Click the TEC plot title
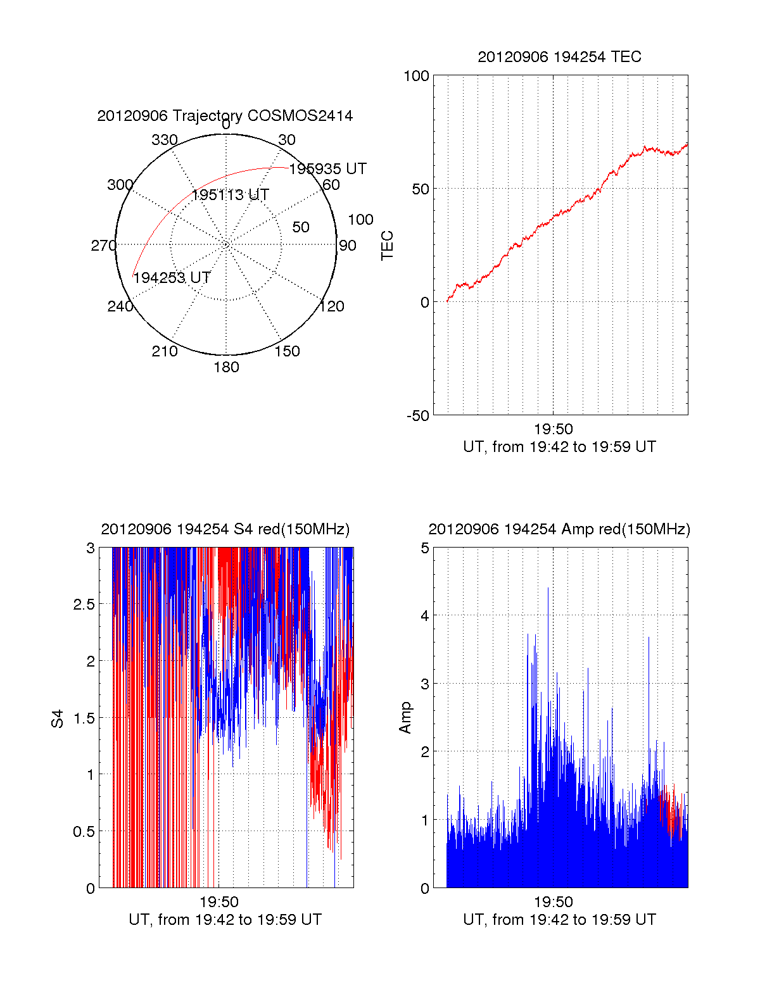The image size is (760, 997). click(559, 57)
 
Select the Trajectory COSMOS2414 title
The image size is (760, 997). click(225, 116)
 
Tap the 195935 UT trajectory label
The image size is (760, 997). click(327, 169)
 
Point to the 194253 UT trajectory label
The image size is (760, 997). click(172, 278)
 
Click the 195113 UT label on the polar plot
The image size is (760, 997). click(230, 195)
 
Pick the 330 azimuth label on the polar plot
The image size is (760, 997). click(164, 140)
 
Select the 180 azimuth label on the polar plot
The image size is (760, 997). click(226, 367)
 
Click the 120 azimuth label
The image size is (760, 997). click(332, 307)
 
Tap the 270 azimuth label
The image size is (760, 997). click(103, 246)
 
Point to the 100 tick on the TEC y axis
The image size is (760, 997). click(416, 76)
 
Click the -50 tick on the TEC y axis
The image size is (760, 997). click(418, 416)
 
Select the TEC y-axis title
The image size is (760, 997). click(387, 246)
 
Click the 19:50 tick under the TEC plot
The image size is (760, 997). click(553, 429)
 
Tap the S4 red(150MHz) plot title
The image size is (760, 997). click(225, 529)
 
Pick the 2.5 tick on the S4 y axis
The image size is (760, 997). click(84, 605)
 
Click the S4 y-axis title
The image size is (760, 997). click(58, 718)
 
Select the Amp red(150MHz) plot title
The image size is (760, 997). click(559, 529)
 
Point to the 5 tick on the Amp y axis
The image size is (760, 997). click(424, 548)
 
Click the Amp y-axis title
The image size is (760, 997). click(405, 718)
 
